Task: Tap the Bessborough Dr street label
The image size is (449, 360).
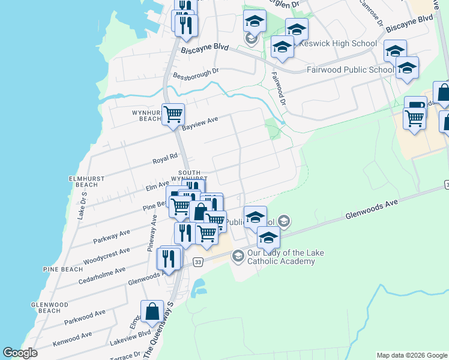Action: click(x=196, y=74)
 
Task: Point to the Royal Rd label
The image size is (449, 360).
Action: click(x=165, y=159)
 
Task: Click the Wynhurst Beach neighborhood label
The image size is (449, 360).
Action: click(x=142, y=115)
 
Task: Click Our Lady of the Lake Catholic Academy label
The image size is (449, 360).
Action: click(x=282, y=257)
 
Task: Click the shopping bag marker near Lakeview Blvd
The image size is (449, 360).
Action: click(x=152, y=311)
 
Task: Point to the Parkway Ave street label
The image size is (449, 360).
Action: click(x=112, y=236)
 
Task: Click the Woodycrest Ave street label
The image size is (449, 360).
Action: click(x=107, y=256)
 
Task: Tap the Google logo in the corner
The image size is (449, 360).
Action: click(x=20, y=353)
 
